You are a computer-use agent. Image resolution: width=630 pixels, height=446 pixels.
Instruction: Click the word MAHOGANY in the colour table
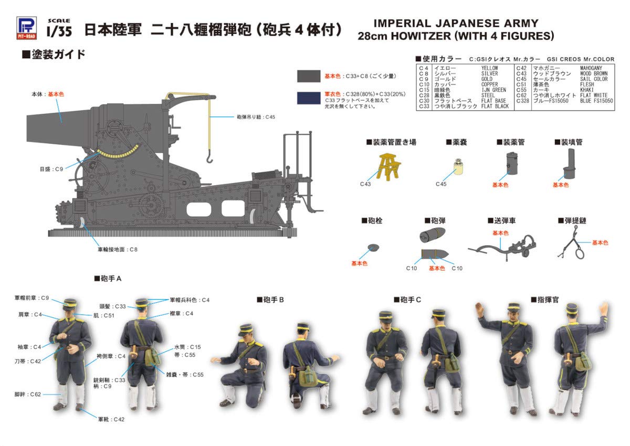point(592,68)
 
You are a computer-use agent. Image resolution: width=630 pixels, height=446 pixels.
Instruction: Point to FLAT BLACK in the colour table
point(495,106)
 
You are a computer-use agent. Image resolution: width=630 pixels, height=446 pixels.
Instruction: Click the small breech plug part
point(373,247)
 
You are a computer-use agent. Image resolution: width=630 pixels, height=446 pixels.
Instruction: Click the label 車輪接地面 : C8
point(117,249)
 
